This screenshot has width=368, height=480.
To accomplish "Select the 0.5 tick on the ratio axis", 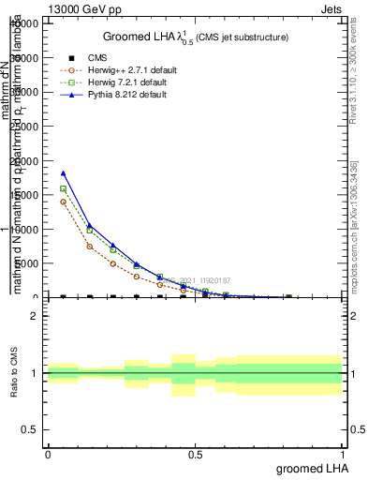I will [29, 430].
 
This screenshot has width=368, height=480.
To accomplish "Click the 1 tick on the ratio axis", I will [34, 374].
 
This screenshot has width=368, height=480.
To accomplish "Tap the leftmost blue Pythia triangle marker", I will [63, 172].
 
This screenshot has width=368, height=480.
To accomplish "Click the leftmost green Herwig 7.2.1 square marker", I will [63, 188].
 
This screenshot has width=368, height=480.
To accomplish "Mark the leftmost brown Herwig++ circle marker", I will [63, 202].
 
